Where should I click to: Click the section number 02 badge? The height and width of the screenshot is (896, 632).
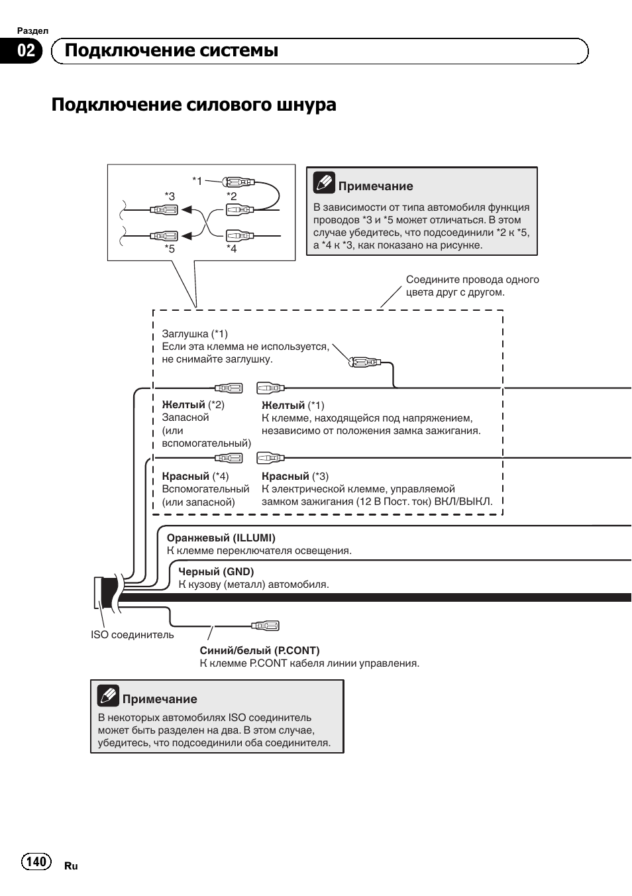click(x=25, y=51)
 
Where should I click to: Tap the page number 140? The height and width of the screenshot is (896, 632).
click(x=36, y=861)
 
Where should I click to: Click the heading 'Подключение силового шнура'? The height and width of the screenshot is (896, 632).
click(x=193, y=105)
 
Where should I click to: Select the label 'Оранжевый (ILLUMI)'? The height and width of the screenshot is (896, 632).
click(x=221, y=538)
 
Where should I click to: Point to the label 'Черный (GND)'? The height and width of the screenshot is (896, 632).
click(x=216, y=572)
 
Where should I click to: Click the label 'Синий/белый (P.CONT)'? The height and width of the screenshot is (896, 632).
click(x=259, y=651)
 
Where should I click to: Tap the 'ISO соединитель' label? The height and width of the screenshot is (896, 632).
click(x=132, y=635)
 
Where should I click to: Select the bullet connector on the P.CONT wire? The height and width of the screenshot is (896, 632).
click(x=266, y=625)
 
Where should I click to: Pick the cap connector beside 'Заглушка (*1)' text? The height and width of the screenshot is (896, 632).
click(x=364, y=362)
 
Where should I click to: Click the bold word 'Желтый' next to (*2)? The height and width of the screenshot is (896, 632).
click(x=184, y=405)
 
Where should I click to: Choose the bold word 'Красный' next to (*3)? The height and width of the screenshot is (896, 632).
click(x=285, y=476)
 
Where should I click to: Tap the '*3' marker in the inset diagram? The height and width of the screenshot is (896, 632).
click(x=170, y=196)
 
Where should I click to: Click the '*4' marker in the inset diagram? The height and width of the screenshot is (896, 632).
click(x=231, y=249)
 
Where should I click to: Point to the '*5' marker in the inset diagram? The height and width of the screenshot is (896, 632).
click(x=170, y=249)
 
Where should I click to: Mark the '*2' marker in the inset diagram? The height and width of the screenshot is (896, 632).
click(x=231, y=196)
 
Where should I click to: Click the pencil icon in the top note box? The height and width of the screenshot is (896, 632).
click(x=324, y=182)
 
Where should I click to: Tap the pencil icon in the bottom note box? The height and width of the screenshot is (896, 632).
click(x=108, y=695)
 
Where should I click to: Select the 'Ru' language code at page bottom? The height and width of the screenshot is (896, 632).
click(x=71, y=866)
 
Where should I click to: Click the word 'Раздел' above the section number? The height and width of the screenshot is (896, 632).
click(x=32, y=31)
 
